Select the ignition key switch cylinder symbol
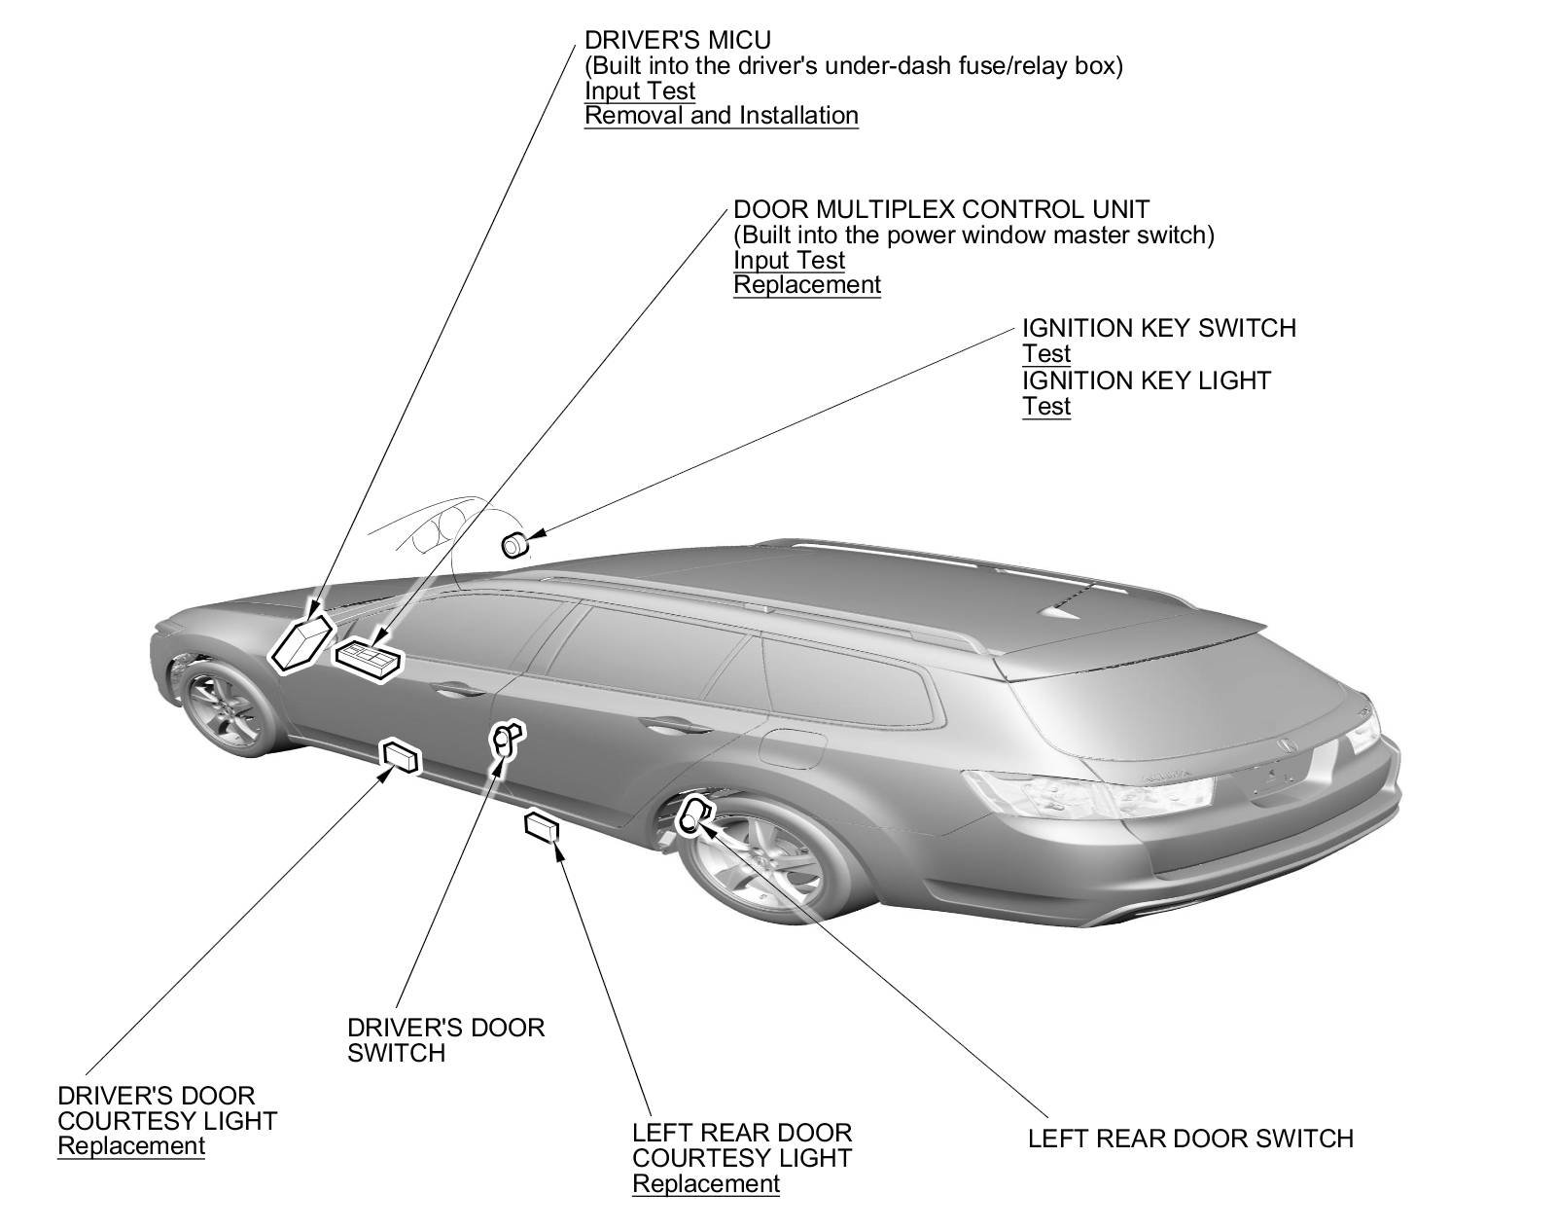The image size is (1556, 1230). pyautogui.click(x=513, y=546)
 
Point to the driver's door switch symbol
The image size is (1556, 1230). pyautogui.click(x=506, y=739)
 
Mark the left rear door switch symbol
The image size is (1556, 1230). pyautogui.click(x=692, y=814)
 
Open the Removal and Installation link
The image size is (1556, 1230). pyautogui.click(x=721, y=116)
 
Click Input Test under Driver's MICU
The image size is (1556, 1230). pyautogui.click(x=639, y=91)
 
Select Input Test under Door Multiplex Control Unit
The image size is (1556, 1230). pyautogui.click(x=789, y=261)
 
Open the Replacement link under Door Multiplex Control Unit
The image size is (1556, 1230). pyautogui.click(x=806, y=285)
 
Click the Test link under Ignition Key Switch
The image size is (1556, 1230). pyautogui.click(x=1045, y=354)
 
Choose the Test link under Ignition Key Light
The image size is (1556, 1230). pyautogui.click(x=1045, y=406)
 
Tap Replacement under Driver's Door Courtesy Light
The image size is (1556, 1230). pyautogui.click(x=131, y=1146)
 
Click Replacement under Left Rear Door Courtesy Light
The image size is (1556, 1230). pyautogui.click(x=705, y=1184)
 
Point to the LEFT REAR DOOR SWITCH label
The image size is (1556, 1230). pyautogui.click(x=1190, y=1139)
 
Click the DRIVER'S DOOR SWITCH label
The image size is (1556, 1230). pyautogui.click(x=445, y=1040)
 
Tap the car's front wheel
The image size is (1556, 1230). pyautogui.click(x=226, y=705)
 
